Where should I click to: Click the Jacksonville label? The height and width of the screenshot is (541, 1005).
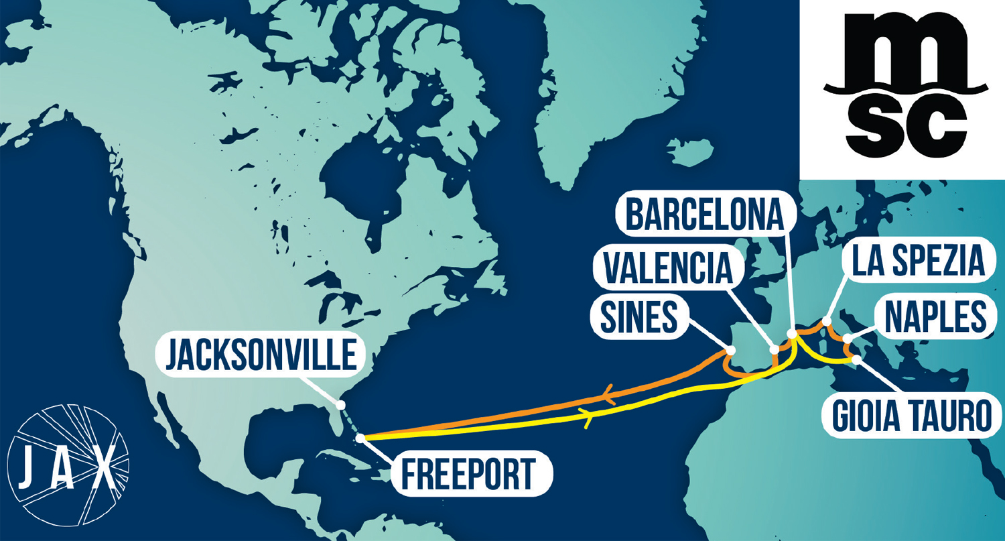[261, 355]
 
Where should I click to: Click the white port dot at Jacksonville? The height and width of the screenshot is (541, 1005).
[340, 405]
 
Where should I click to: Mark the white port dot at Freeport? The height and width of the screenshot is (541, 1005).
[360, 438]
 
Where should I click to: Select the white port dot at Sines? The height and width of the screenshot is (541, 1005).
[731, 351]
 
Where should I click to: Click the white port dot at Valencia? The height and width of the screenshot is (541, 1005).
[775, 349]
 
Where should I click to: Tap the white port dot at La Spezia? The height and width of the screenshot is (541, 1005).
[827, 322]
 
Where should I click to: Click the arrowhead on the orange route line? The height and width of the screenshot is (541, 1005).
[610, 397]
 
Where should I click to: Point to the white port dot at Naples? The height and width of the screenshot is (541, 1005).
[847, 339]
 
